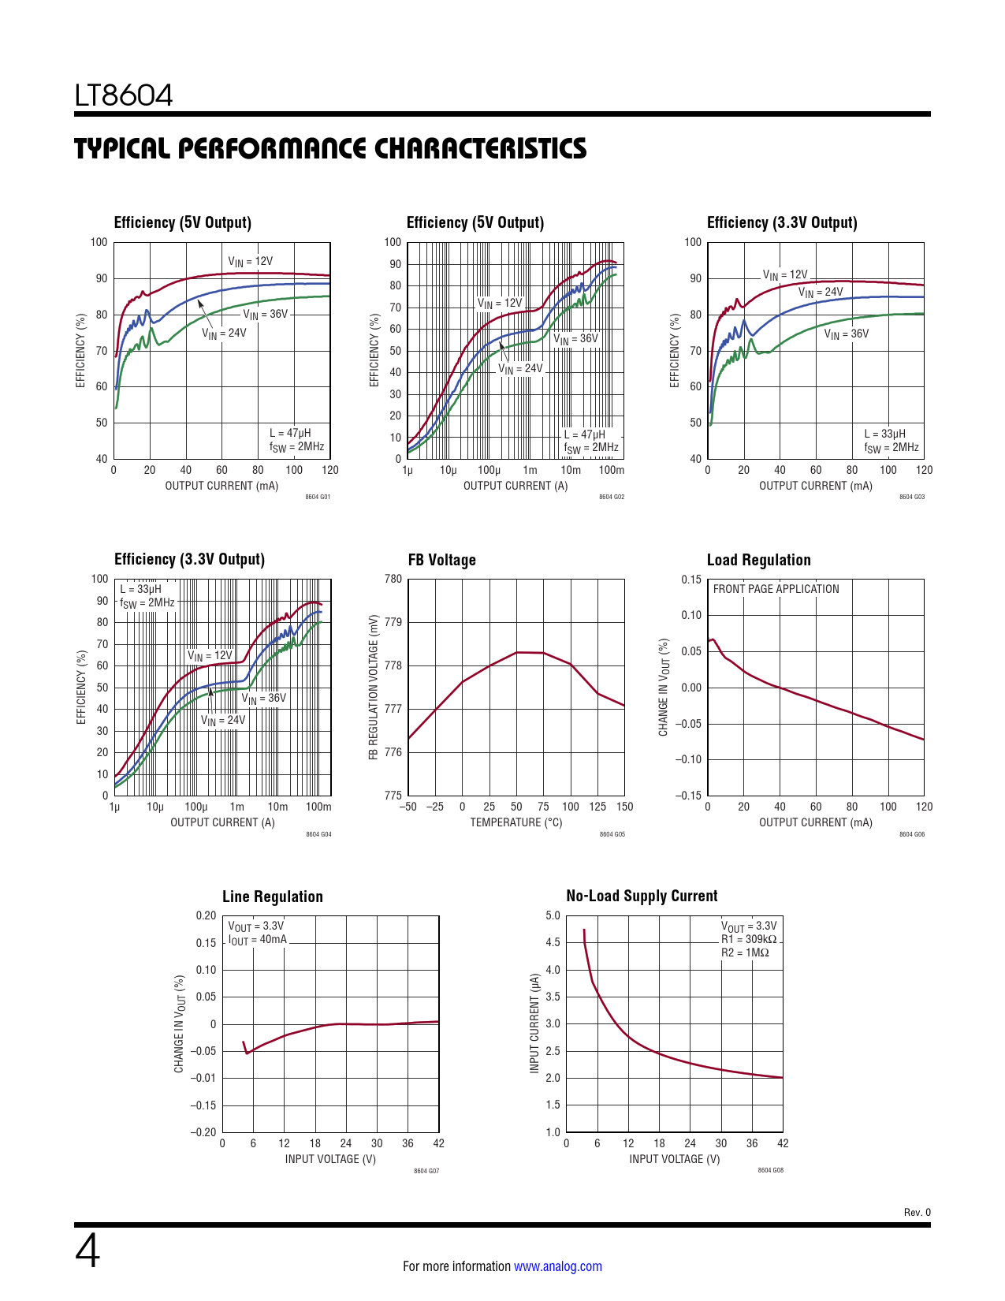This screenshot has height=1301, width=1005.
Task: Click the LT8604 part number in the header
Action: click(x=124, y=95)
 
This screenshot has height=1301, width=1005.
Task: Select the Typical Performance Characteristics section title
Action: click(x=330, y=148)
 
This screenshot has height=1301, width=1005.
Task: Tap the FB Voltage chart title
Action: click(x=441, y=560)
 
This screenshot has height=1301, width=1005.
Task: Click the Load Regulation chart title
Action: click(x=758, y=560)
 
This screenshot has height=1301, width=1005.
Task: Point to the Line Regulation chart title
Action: click(x=272, y=897)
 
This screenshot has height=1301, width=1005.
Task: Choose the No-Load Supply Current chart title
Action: click(x=642, y=896)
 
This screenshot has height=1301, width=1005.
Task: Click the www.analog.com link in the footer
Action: click(x=557, y=1266)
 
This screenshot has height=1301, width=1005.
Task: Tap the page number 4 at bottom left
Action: click(x=87, y=1251)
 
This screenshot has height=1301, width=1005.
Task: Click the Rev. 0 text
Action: click(x=917, y=1213)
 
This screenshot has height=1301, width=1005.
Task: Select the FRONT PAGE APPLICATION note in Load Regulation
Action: click(x=776, y=589)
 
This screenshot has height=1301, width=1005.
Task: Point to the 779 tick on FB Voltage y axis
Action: click(x=393, y=622)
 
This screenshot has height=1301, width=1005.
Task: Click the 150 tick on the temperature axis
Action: click(x=624, y=807)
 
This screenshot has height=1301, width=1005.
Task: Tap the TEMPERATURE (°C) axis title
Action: click(x=516, y=822)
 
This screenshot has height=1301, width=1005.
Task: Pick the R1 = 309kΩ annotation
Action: click(x=748, y=939)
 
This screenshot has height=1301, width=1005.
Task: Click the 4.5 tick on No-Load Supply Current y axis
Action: click(x=553, y=942)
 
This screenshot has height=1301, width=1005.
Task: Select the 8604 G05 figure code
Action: click(x=612, y=834)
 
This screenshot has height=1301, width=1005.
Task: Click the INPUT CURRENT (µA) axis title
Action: click(x=534, y=1022)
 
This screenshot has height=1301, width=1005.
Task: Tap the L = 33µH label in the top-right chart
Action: click(x=884, y=434)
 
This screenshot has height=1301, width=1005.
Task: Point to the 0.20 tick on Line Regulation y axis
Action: click(x=206, y=915)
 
